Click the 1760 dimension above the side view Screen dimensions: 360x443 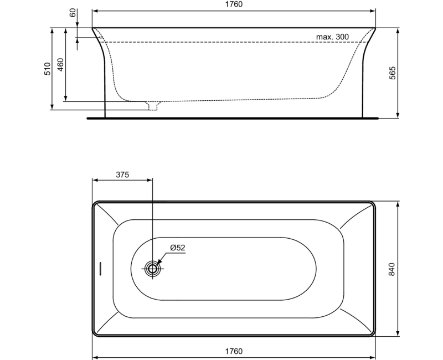[x=234, y=4]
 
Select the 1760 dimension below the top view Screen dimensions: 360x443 [x=234, y=351]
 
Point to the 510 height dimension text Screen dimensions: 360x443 [x=47, y=69]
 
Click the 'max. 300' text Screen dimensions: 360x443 [x=332, y=37]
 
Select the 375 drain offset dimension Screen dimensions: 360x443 [x=122, y=174]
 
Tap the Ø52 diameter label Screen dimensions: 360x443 [x=177, y=248]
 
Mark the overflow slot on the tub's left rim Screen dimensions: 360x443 [x=100, y=269]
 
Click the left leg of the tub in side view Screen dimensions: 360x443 [x=102, y=83]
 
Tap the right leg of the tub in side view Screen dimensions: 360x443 [x=365, y=83]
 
